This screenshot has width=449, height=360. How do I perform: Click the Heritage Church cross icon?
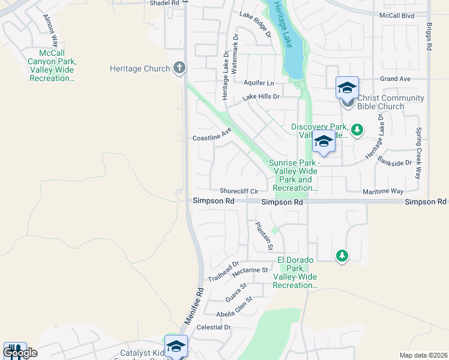coord(179,68)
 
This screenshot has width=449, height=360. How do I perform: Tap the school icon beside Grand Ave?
coord(347,88)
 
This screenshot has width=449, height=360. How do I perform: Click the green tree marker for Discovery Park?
coord(357,129)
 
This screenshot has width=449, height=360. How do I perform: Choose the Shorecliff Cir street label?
coord(239,191)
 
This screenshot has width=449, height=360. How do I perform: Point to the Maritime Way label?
coord(383,191)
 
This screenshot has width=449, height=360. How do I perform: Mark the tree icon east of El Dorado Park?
coord(342,256)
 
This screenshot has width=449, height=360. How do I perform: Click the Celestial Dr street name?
coord(214,327)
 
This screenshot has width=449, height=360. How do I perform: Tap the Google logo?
coord(20,352)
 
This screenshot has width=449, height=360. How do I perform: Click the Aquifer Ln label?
coord(259,82)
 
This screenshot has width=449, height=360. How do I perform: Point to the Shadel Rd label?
coord(165,3)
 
